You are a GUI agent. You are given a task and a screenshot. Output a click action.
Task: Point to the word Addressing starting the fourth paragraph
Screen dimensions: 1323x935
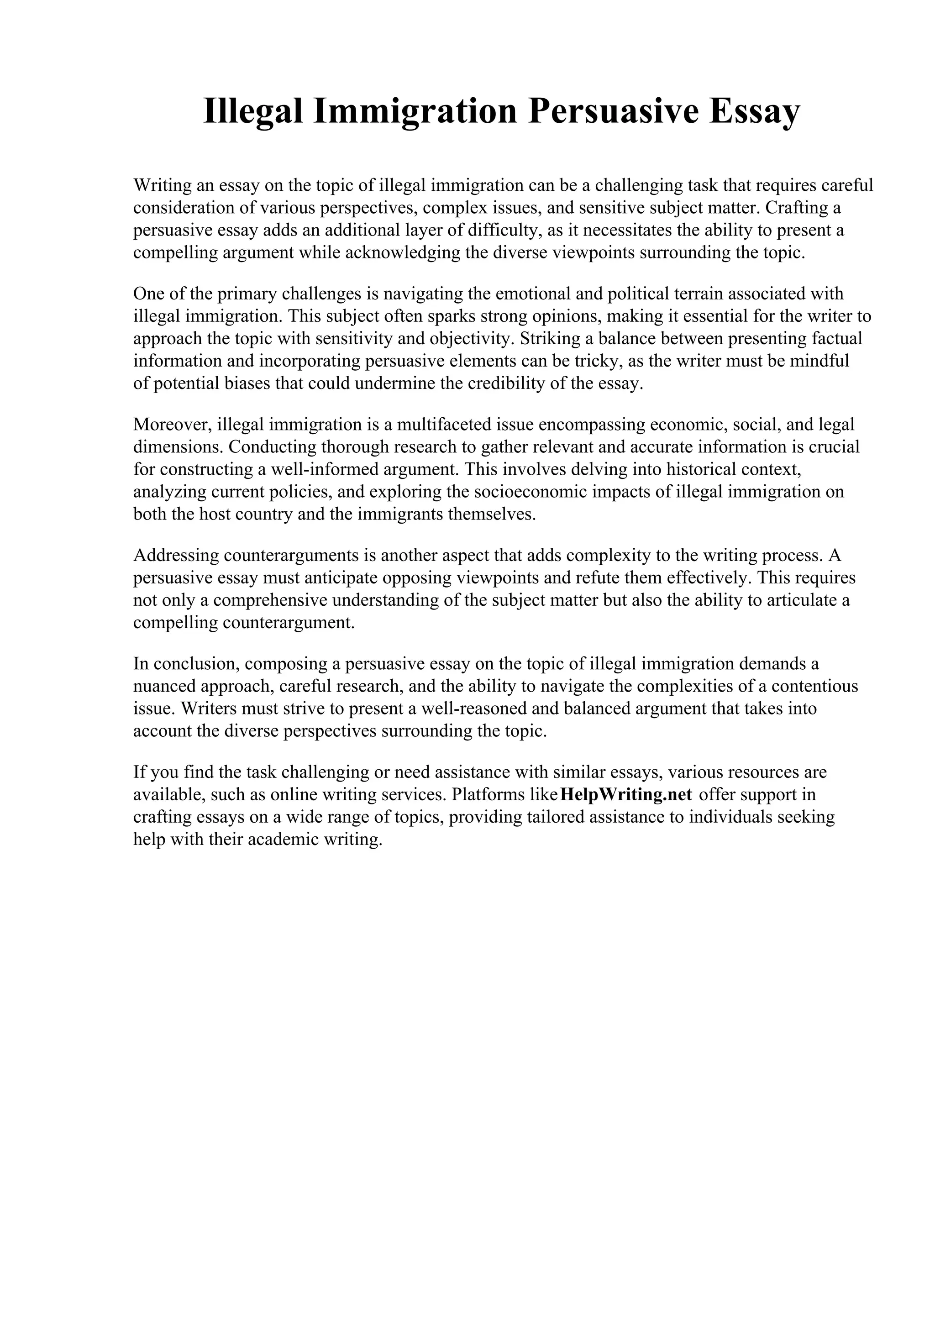[176, 556]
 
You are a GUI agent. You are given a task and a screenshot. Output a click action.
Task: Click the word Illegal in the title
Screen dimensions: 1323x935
[252, 111]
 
